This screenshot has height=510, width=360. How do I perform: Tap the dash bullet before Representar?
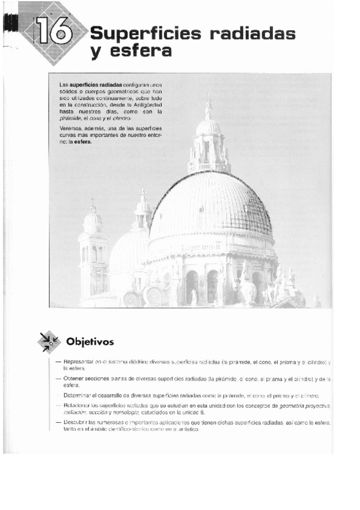pyautogui.click(x=57, y=362)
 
